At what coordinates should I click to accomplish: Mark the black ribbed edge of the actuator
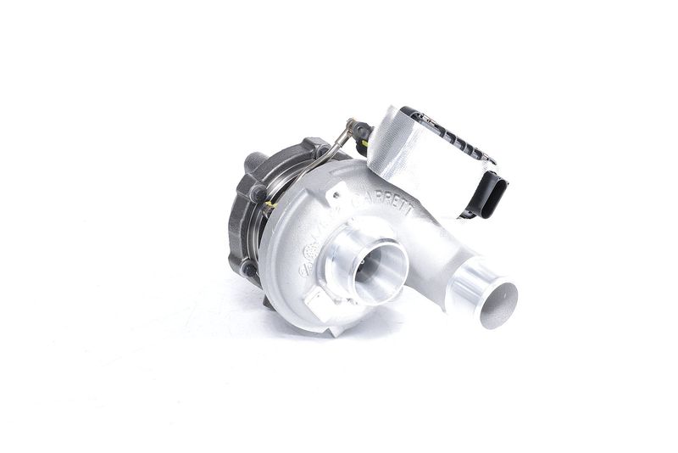(x=449, y=136)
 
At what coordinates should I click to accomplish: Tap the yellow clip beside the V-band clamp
(x=270, y=204)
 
